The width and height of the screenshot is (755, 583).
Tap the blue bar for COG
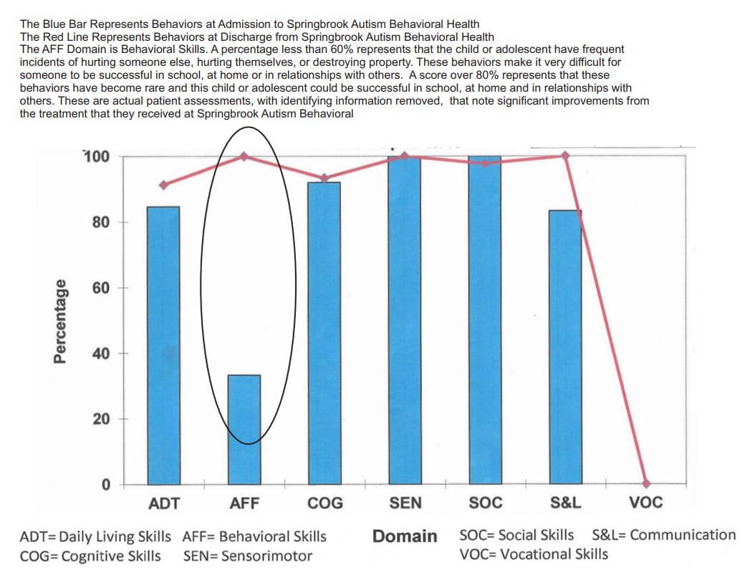click(324, 333)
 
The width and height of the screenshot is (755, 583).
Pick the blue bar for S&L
click(566, 347)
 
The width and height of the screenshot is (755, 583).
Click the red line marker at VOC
click(646, 483)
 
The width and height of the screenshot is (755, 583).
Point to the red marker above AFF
click(244, 155)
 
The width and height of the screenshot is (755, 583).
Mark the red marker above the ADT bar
click(163, 185)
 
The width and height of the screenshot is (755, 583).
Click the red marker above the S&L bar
click(565, 155)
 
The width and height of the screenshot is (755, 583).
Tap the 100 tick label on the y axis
click(97, 156)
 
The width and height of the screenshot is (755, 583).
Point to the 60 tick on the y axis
click(100, 288)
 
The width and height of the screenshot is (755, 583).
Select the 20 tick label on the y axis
click(100, 419)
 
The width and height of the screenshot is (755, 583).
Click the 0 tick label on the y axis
click(105, 485)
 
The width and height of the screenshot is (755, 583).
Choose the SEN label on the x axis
click(405, 503)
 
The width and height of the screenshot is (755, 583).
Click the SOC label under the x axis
click(486, 503)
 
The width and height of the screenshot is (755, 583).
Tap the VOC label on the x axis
click(646, 503)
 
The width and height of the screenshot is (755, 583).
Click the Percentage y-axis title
click(63, 321)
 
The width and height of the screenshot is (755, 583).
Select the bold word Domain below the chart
click(405, 536)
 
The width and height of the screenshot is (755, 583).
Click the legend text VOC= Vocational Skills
click(534, 554)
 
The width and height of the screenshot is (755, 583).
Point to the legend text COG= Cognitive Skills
click(90, 556)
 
